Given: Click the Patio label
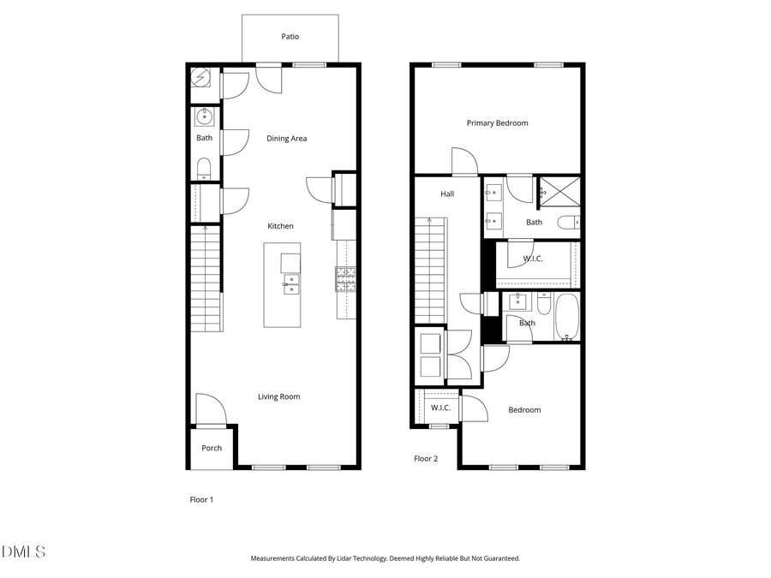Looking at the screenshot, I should (x=290, y=37).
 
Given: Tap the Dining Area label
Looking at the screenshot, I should (x=286, y=139).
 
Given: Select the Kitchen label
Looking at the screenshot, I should (x=280, y=226).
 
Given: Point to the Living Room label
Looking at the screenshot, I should (x=278, y=396).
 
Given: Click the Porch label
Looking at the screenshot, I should (x=212, y=448).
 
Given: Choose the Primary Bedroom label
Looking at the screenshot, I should (x=497, y=123).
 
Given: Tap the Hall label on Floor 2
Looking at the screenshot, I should (x=447, y=194).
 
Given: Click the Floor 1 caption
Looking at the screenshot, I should (x=201, y=499).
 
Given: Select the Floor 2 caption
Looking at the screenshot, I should (x=426, y=459).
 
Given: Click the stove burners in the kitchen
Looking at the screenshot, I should (x=345, y=277).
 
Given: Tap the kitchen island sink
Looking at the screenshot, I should (x=291, y=283).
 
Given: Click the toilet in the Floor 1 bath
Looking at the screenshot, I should (x=204, y=167).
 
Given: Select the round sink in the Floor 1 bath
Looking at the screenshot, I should (x=204, y=116).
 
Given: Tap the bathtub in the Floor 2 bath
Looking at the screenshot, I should (x=567, y=316).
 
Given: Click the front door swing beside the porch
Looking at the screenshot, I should (x=210, y=409).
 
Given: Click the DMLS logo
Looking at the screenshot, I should (x=23, y=551).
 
